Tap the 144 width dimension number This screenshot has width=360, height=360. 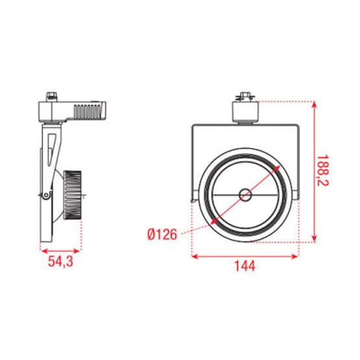(x=246, y=266)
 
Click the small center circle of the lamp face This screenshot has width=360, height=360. (x=245, y=194)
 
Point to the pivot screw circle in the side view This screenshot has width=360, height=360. (x=45, y=196)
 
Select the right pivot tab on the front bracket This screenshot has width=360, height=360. (x=297, y=194)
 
